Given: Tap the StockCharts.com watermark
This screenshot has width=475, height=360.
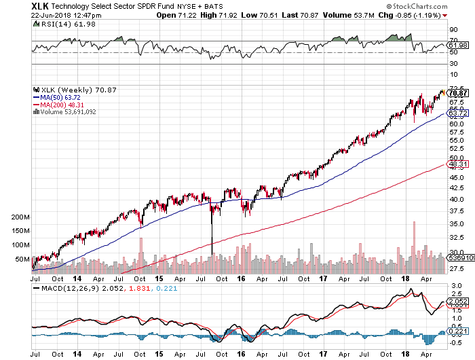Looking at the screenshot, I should click(441, 5).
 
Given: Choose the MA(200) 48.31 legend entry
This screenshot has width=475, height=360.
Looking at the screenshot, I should click(60, 105).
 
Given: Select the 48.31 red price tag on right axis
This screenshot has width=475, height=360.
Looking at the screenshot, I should click(457, 164).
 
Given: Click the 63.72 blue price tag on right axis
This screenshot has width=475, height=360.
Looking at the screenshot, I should click(457, 113).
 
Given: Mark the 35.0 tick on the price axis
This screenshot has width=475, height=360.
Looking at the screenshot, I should click(457, 224).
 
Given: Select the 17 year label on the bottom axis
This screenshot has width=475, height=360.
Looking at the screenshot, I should click(324, 354).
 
